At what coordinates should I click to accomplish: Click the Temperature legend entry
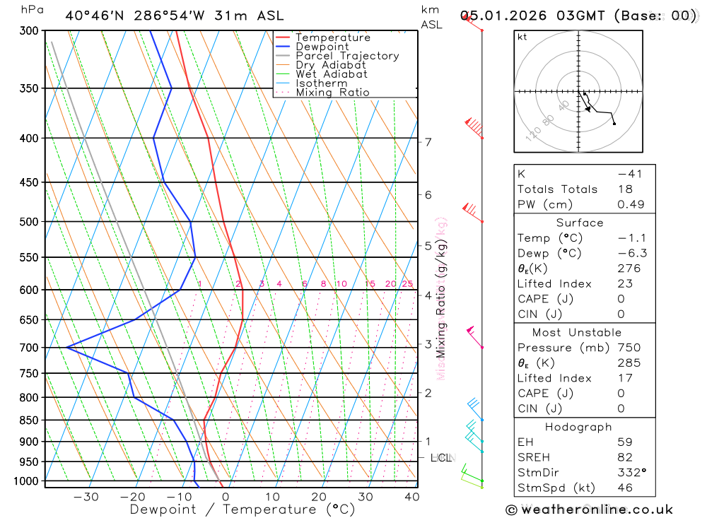click(332, 37)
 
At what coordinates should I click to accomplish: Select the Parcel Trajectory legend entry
click(347, 56)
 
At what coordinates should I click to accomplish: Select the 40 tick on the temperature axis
click(411, 497)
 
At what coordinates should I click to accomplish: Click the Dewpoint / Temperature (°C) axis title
click(243, 510)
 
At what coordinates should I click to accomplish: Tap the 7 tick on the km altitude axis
click(428, 142)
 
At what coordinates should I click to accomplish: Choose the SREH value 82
click(625, 458)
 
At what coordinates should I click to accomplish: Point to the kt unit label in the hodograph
click(522, 37)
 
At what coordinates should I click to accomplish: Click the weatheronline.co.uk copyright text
click(590, 510)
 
